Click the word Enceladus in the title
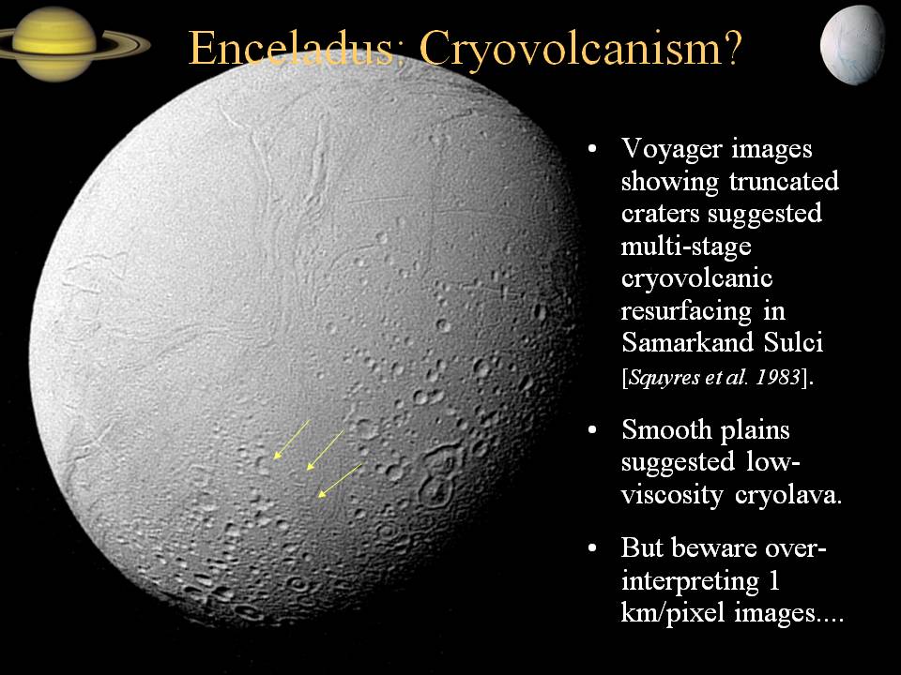click(x=292, y=48)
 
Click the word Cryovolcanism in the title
click(x=575, y=50)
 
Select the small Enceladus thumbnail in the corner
click(x=853, y=47)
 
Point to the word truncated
click(x=784, y=181)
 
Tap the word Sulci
click(x=794, y=343)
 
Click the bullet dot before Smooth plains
click(x=593, y=431)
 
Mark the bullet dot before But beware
click(x=593, y=548)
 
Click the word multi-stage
click(x=686, y=247)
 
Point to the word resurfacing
click(x=687, y=311)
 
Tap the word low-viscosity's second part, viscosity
click(x=672, y=495)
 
